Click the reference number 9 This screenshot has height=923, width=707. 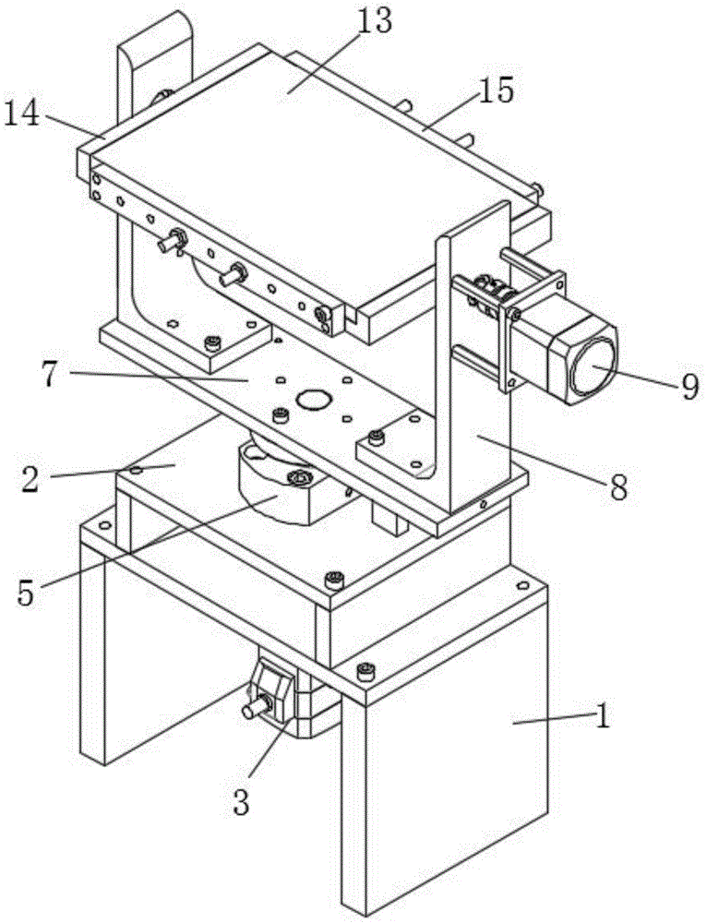(x=690, y=387)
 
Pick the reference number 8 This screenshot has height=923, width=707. (x=617, y=487)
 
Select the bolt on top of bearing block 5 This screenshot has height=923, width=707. (x=299, y=477)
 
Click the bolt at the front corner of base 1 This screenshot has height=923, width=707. (x=366, y=670)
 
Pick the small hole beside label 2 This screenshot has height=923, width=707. (x=137, y=470)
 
